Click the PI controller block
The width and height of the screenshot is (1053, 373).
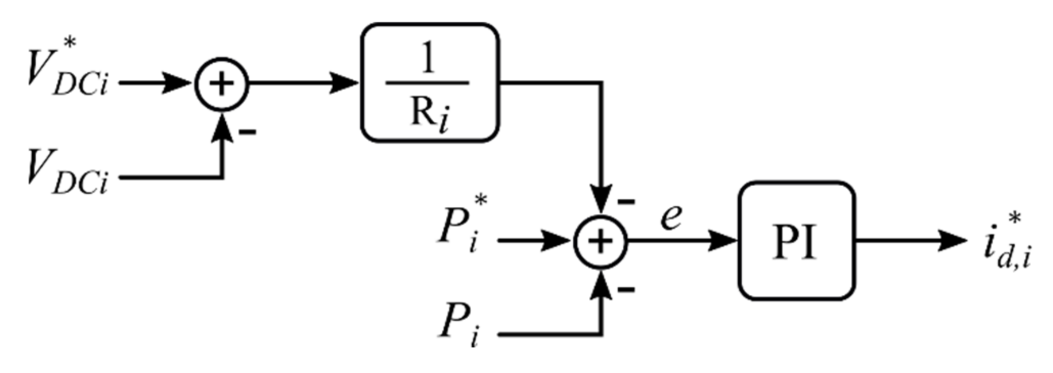click(796, 240)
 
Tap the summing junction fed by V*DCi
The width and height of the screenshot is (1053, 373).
click(221, 84)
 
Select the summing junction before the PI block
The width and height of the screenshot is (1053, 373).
click(601, 242)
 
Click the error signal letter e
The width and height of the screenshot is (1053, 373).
click(671, 217)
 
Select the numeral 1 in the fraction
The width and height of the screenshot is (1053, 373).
click(428, 57)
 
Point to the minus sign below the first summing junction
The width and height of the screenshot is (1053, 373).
click(247, 133)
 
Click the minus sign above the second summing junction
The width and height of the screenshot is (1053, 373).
click(626, 202)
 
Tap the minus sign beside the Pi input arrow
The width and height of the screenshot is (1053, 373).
click(626, 290)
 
